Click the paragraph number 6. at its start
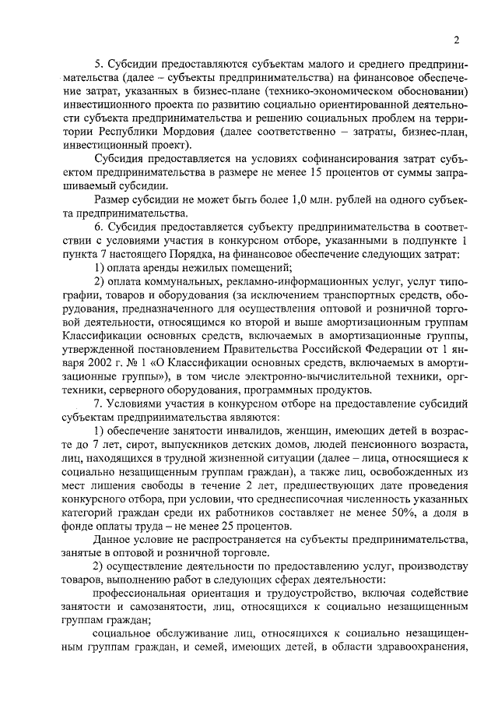[x=98, y=226]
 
